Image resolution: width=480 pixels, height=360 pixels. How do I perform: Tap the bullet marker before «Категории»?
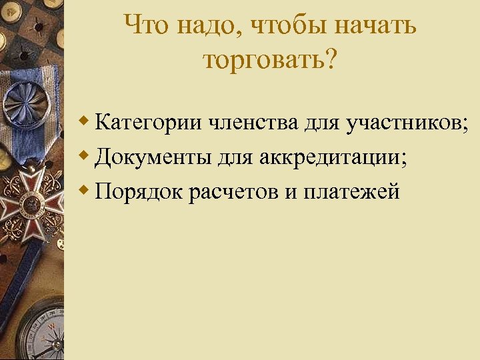pyautogui.click(x=83, y=122)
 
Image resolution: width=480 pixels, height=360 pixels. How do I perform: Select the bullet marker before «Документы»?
pyautogui.click(x=83, y=157)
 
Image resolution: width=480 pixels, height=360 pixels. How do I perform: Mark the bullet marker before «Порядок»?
pyautogui.click(x=83, y=191)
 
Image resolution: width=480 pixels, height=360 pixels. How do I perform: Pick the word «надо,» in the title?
pyautogui.click(x=210, y=27)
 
